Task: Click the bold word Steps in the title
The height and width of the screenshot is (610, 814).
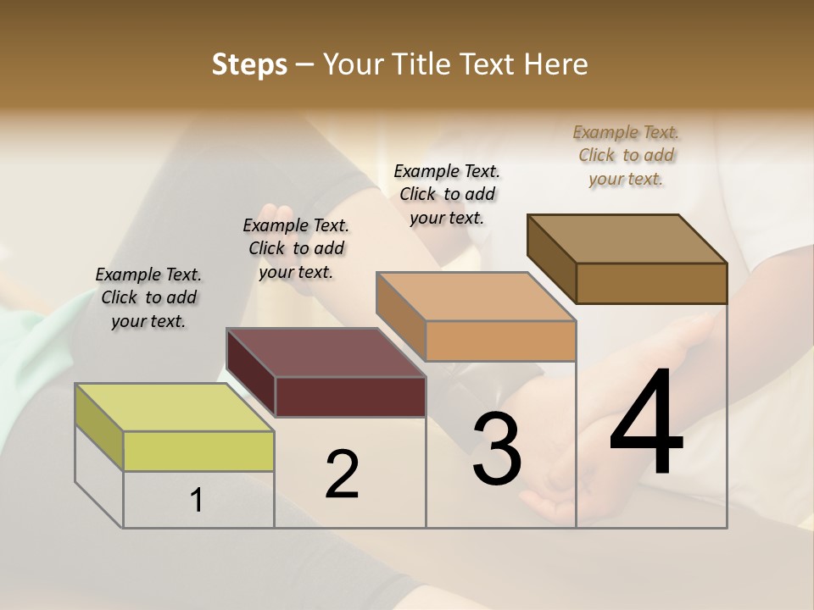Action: point(249,64)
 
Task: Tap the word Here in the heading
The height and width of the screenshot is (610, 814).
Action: point(556,64)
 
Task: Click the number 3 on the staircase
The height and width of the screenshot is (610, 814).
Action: point(496,449)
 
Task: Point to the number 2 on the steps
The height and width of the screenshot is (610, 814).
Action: point(342,474)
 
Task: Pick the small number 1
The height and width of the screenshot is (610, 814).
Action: point(196,501)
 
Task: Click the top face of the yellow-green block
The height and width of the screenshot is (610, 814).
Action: point(175,407)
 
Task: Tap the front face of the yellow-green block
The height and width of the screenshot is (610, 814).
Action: point(198,451)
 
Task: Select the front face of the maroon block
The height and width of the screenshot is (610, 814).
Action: point(350,396)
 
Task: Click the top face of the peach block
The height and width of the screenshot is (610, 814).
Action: point(476,297)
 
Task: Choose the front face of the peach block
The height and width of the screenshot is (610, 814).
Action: point(500,341)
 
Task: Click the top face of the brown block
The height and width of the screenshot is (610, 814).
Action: point(627,239)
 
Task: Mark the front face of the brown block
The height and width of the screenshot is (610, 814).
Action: point(651,283)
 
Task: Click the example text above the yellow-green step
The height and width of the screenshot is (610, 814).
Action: point(148,297)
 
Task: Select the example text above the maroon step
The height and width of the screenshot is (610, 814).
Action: point(296,248)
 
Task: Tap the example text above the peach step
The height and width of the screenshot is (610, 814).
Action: point(447,194)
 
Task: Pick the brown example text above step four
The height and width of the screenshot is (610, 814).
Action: point(626,155)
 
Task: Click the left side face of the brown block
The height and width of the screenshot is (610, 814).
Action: point(551,258)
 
